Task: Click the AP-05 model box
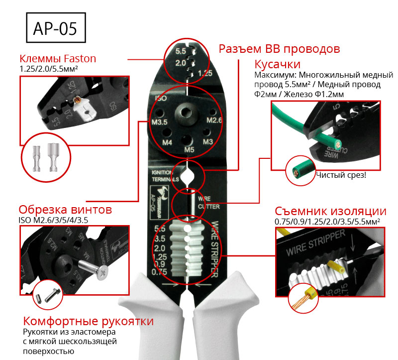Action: coord(55,28)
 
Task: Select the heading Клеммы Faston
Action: coord(57,58)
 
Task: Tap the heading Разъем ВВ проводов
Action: coord(280,49)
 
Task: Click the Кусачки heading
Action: coord(278,65)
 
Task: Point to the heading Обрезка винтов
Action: coord(65,209)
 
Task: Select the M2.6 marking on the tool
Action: coord(214,120)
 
